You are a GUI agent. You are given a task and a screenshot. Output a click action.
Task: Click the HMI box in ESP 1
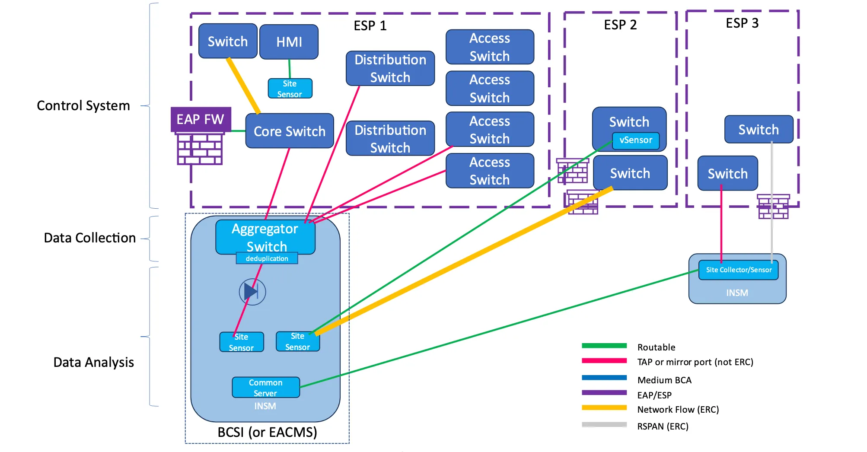tap(289, 42)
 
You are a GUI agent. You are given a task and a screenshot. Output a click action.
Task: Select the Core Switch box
tap(289, 131)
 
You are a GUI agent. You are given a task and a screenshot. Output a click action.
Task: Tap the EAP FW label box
tap(201, 119)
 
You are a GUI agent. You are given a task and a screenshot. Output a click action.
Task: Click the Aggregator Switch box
tap(265, 237)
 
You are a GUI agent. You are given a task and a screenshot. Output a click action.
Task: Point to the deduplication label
tap(267, 258)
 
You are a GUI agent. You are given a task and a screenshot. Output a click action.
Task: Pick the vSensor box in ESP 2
tap(635, 140)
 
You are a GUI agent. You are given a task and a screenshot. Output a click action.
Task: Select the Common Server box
tap(265, 388)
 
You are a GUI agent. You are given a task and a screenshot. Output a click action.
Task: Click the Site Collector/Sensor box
tap(738, 270)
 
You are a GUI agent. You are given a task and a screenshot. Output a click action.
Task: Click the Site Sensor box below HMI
tap(290, 89)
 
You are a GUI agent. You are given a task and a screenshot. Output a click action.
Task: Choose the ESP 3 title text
tap(742, 23)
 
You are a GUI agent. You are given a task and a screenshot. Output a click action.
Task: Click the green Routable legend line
tap(604, 346)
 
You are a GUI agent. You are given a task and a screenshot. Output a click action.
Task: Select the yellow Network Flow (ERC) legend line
tap(604, 407)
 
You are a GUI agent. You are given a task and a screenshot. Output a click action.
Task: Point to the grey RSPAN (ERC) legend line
tap(604, 424)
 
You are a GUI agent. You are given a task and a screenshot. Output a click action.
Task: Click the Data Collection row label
tap(89, 238)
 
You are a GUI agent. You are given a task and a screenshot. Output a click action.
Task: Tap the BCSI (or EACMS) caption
tap(267, 432)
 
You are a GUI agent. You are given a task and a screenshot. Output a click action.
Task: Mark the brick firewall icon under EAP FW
tap(200, 149)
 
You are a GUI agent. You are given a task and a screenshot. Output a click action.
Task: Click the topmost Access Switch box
tap(490, 47)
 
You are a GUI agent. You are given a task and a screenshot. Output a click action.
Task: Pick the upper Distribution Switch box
tap(390, 68)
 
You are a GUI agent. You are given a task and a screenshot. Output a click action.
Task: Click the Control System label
tap(83, 105)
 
